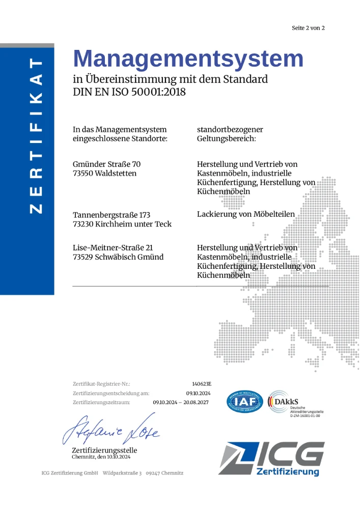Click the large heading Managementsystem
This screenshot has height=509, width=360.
pos(188,59)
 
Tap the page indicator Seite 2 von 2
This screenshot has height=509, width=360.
pos(308,28)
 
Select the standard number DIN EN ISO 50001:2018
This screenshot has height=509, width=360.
pos(129,92)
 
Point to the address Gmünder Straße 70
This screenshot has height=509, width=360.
pos(106,164)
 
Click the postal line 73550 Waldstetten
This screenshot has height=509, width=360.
pos(105,173)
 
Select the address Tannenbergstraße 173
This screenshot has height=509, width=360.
pos(112,215)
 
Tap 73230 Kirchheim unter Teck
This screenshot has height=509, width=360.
pos(122,224)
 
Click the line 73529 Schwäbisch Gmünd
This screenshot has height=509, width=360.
pos(118,257)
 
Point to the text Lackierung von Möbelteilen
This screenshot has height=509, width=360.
pos(246,214)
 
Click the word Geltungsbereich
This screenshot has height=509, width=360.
pos(226,138)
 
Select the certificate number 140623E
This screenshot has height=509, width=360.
pos(202,384)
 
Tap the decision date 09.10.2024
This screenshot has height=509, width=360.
pos(198,393)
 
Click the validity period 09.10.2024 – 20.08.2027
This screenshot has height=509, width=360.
pos(181,402)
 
